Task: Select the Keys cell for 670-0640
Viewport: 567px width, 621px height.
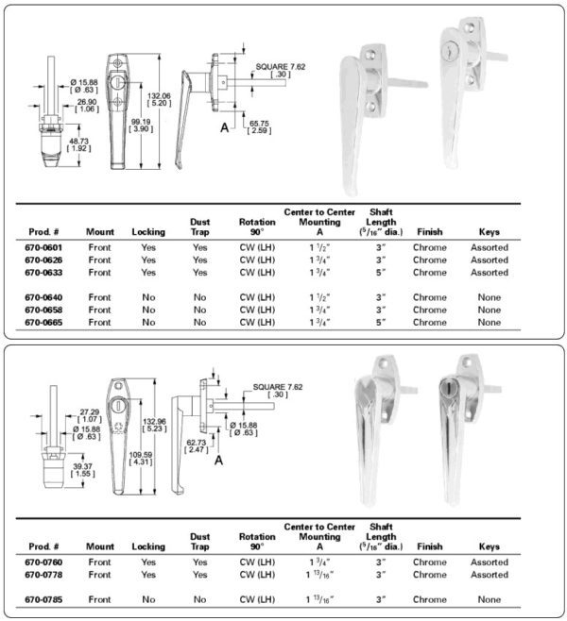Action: coord(489,297)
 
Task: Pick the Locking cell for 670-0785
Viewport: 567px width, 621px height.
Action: coord(148,598)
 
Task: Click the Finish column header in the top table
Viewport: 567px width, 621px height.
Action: coord(430,231)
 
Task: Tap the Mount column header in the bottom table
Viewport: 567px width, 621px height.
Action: coord(100,546)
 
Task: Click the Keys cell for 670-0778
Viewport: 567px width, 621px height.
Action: coord(489,574)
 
